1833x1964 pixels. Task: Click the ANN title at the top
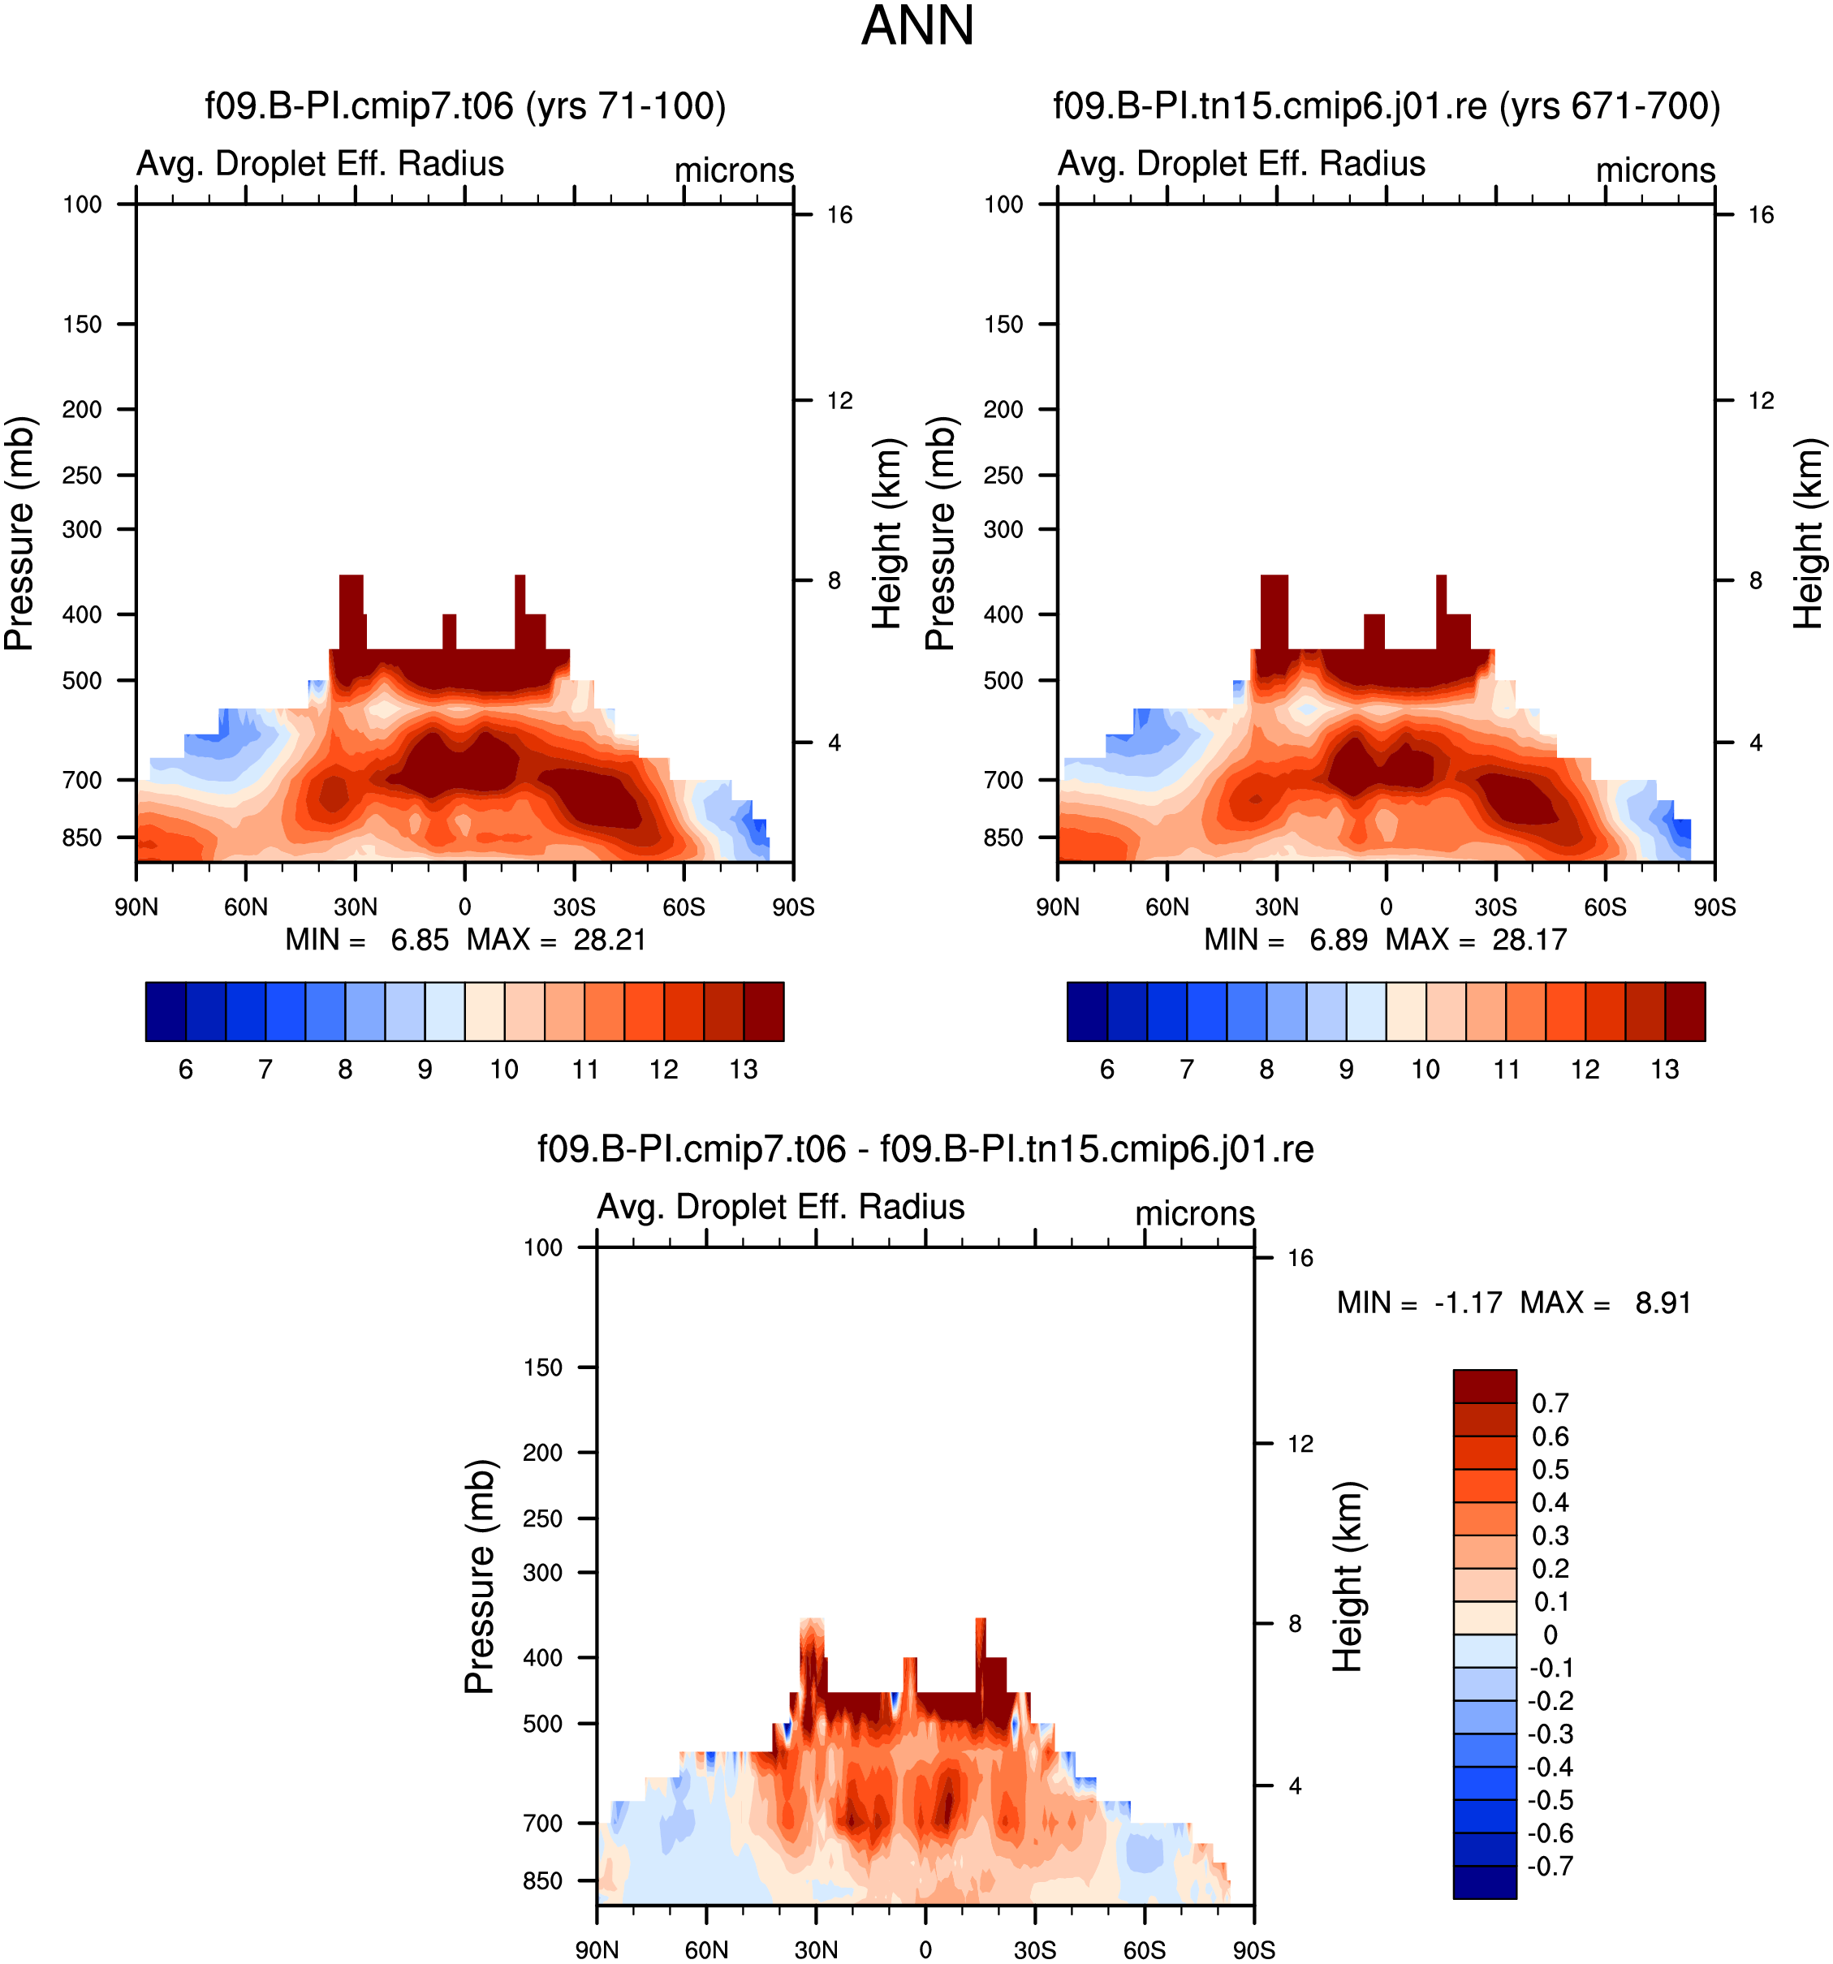point(917,26)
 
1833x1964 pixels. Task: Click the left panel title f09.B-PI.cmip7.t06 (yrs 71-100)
point(465,106)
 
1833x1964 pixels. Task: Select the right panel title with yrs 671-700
point(1387,106)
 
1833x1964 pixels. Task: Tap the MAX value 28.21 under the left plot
point(610,940)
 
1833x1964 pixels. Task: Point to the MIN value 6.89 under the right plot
point(1338,940)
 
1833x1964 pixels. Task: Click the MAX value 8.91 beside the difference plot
point(1663,1303)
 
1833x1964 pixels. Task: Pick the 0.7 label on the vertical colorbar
point(1550,1403)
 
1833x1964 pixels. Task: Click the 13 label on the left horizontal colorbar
point(743,1069)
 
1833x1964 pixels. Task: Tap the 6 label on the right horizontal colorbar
point(1106,1069)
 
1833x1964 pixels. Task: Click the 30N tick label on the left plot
point(355,907)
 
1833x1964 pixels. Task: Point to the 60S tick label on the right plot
point(1605,907)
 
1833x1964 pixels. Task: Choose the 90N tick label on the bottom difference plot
point(597,1950)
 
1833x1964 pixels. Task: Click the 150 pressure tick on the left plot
point(82,324)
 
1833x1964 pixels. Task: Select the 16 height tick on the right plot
point(1761,214)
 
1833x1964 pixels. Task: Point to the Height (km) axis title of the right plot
point(1809,533)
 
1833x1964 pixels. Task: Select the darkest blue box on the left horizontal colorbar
point(165,1012)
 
